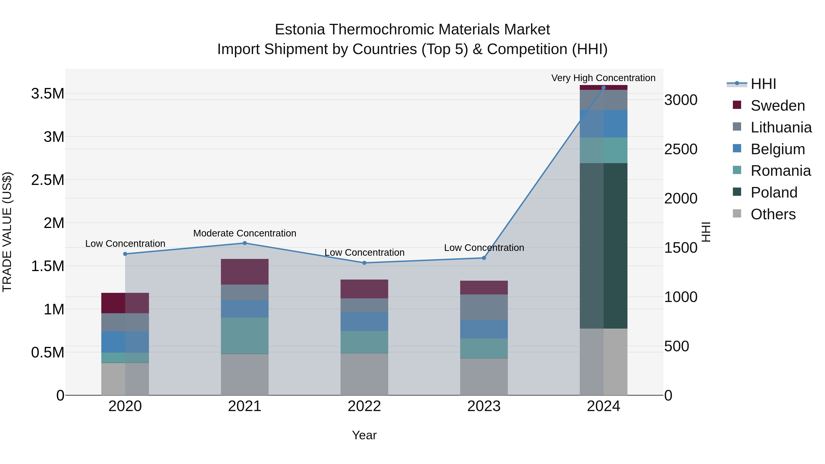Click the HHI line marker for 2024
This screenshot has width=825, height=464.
[x=603, y=88]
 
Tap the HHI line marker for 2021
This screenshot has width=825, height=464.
[x=245, y=243]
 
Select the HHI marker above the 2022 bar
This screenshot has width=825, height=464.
[x=364, y=263]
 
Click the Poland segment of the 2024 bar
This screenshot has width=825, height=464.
[x=603, y=246]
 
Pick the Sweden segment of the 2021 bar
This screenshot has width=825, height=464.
[x=245, y=272]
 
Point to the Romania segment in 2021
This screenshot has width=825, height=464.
[x=245, y=336]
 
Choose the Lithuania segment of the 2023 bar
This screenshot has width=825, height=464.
[x=484, y=307]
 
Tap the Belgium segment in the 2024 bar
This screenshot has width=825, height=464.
[x=603, y=124]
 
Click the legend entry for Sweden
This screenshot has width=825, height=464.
[x=777, y=106]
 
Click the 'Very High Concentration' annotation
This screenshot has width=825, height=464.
[x=603, y=78]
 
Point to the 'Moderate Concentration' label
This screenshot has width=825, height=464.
[x=245, y=233]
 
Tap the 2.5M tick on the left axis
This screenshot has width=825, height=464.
[x=47, y=180]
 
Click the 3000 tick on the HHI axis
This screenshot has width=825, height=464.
[x=681, y=100]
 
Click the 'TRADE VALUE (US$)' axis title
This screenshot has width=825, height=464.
[x=7, y=232]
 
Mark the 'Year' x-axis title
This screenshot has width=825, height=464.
[x=364, y=435]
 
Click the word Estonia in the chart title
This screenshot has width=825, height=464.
[x=300, y=30]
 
